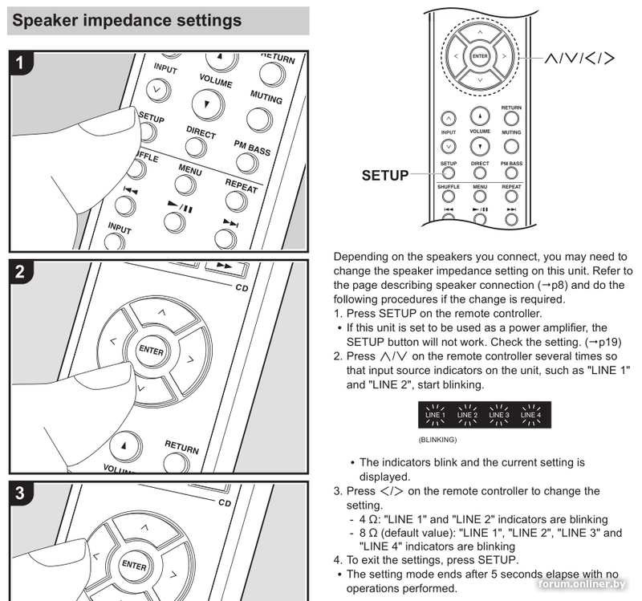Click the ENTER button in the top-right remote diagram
[x=480, y=56]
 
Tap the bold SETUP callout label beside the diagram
[x=385, y=175]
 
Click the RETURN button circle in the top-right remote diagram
[x=511, y=119]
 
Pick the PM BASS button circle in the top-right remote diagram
[x=511, y=171]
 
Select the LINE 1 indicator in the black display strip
[x=435, y=415]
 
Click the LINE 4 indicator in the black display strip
[x=530, y=415]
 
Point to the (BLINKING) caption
[x=437, y=441]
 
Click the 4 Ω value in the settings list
[x=369, y=519]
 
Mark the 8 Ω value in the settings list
[x=369, y=532]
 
